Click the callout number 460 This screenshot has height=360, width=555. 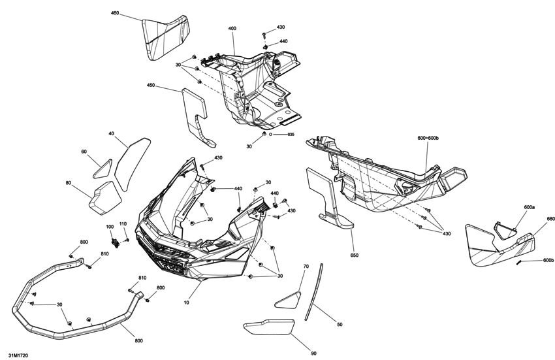(115, 13)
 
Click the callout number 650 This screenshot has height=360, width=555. (355, 255)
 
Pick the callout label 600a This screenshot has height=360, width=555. (529, 207)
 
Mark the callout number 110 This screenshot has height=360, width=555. (123, 224)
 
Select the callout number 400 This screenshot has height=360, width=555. (232, 29)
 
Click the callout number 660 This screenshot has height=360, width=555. (550, 219)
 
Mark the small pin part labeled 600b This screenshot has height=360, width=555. (519, 262)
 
